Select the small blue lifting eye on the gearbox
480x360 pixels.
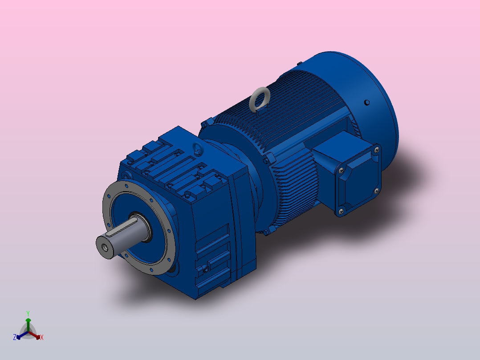pyautogui.click(x=195, y=148)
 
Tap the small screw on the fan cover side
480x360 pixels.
pyautogui.click(x=366, y=103)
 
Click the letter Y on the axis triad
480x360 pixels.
pyautogui.click(x=28, y=313)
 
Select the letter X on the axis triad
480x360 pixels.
pyautogui.click(x=41, y=337)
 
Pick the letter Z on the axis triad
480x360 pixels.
pyautogui.click(x=15, y=337)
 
